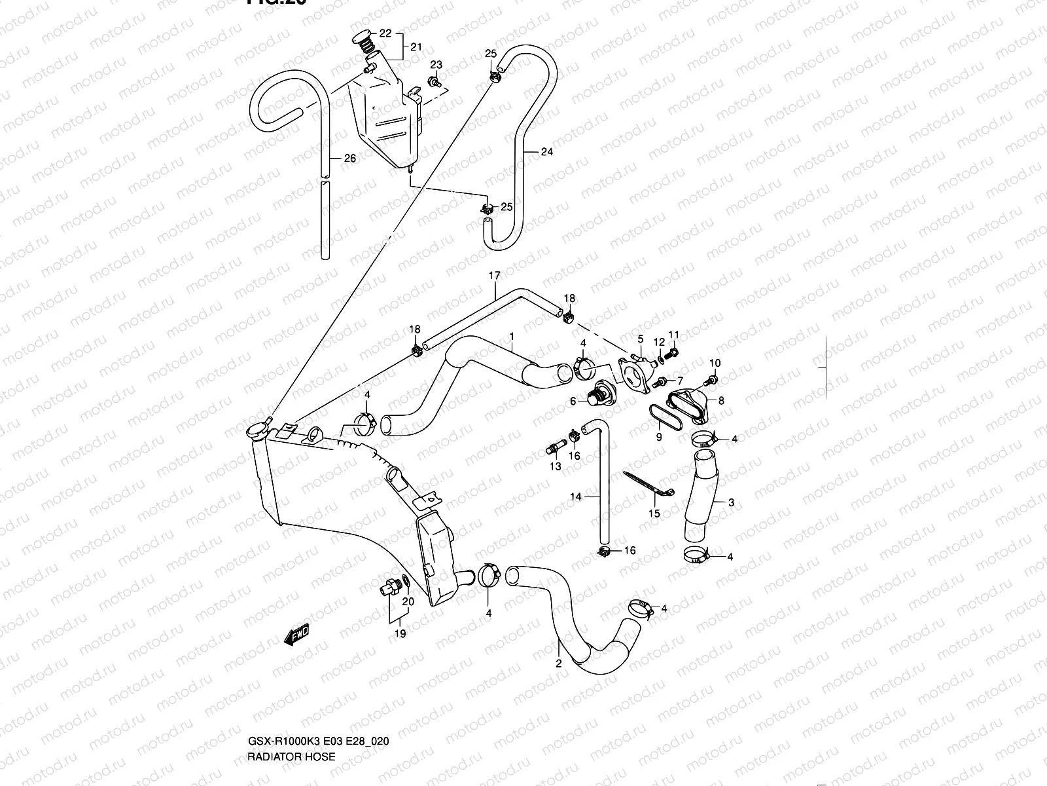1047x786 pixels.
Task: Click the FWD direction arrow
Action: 296,635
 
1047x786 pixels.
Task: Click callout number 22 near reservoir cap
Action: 385,33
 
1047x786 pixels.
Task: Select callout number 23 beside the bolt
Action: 436,65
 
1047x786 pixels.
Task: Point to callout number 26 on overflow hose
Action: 350,159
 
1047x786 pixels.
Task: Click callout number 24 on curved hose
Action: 547,152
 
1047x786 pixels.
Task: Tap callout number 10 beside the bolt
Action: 715,364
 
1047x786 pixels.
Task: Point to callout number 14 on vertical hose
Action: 575,497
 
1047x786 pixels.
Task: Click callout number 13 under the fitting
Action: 555,466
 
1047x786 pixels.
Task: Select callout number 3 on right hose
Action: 731,503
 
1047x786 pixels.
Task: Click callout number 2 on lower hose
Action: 558,663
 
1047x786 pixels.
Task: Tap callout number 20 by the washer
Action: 408,601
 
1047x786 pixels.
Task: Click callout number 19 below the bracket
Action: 400,633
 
